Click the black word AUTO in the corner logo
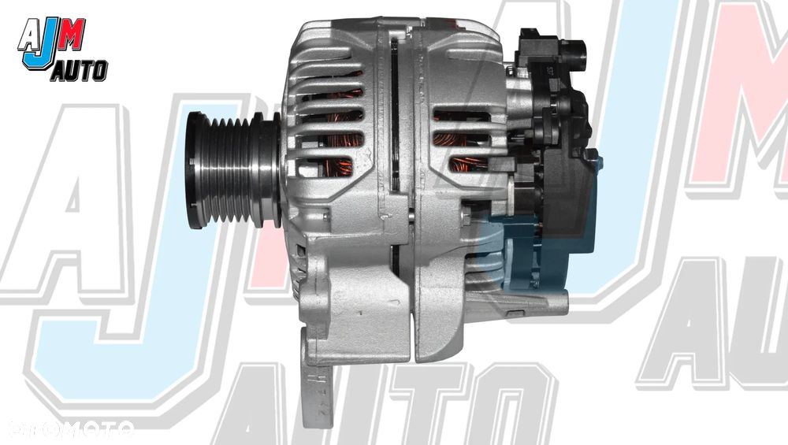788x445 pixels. [x=79, y=72]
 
